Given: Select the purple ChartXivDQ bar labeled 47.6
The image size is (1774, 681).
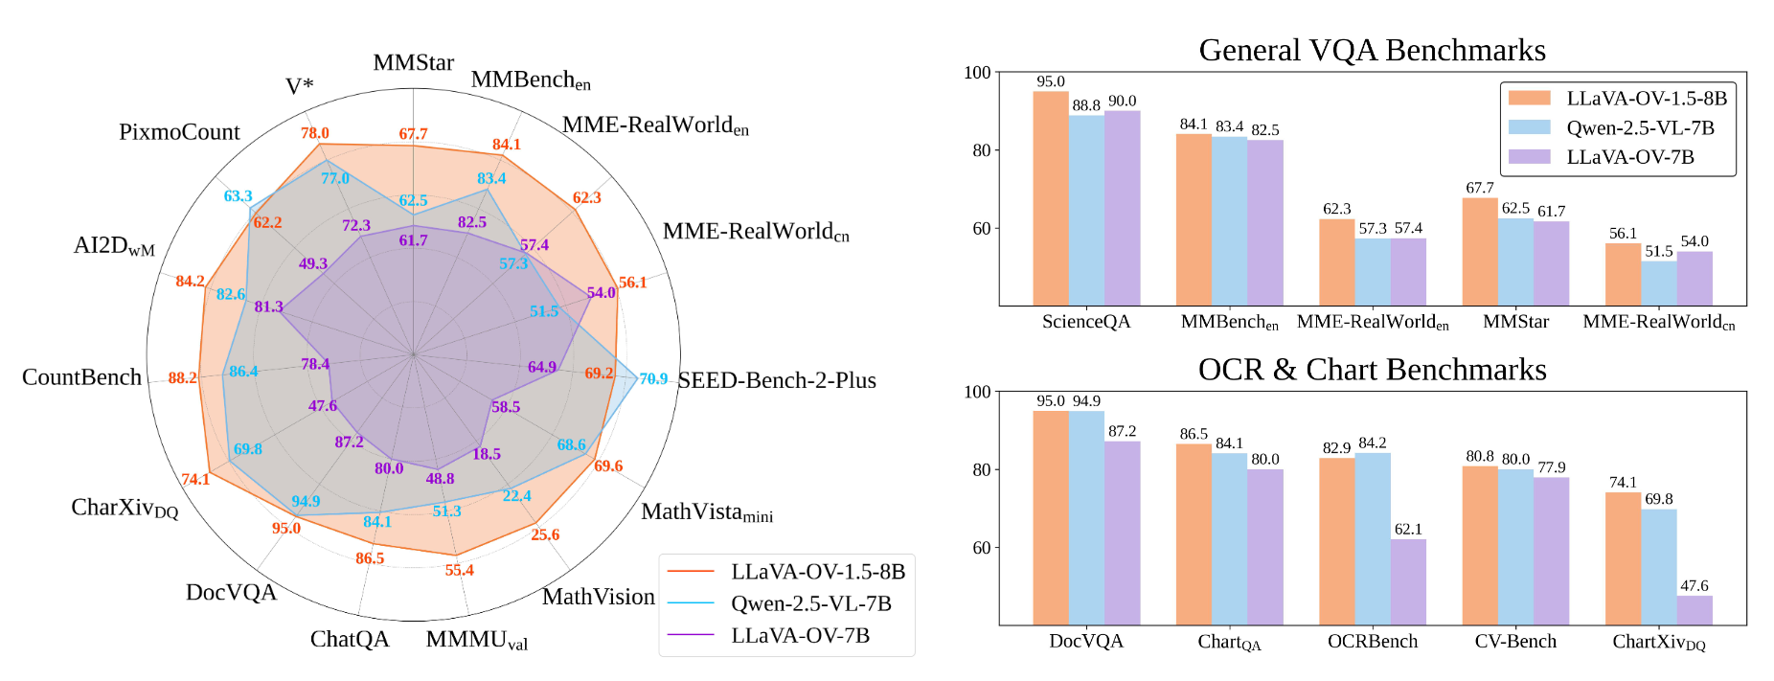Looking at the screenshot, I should click(1694, 610).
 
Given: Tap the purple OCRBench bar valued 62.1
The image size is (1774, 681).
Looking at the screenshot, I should click(1408, 581).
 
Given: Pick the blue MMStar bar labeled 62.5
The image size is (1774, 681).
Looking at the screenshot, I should click(1515, 261).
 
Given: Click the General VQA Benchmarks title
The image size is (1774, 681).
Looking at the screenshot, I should click(1372, 50).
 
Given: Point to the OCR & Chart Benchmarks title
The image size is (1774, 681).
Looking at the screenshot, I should click(1372, 370).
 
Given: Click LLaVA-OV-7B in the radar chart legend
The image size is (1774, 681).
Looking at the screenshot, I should click(800, 635).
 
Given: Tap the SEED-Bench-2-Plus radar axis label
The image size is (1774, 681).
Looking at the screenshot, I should click(777, 380).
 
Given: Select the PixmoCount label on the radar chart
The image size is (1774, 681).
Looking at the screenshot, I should click(179, 132).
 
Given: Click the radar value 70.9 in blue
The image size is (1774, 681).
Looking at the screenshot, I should click(653, 378).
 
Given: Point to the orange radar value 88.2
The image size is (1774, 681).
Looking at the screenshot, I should click(182, 377).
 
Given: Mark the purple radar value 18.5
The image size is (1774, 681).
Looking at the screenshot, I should click(487, 453).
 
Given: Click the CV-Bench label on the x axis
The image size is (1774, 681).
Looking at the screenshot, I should click(1515, 641).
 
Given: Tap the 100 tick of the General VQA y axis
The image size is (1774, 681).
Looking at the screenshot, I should click(977, 73).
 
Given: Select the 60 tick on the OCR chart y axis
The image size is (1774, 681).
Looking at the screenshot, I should click(981, 548).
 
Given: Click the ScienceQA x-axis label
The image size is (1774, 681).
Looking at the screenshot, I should click(1086, 322).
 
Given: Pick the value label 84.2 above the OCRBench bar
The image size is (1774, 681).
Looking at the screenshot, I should click(1372, 443).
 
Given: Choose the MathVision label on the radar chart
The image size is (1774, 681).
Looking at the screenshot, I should click(598, 597).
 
